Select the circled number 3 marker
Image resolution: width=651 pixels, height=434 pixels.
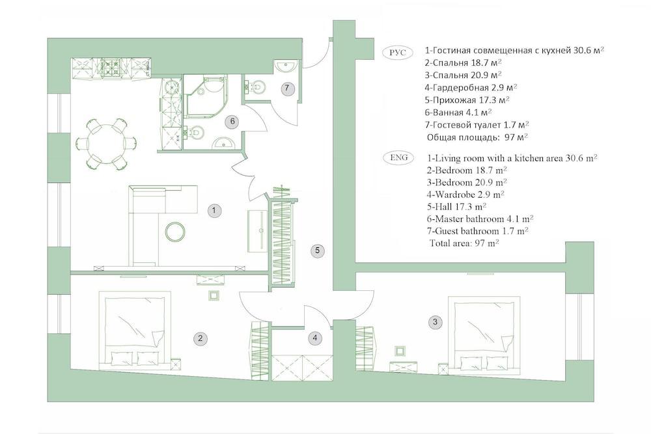point(436,321)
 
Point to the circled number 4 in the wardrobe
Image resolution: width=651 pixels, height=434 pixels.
point(315,338)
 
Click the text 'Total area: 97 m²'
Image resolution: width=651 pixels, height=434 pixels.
point(464,243)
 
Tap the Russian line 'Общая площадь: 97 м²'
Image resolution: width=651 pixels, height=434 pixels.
point(477,137)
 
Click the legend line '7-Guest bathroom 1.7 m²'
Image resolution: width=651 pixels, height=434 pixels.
point(477,230)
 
